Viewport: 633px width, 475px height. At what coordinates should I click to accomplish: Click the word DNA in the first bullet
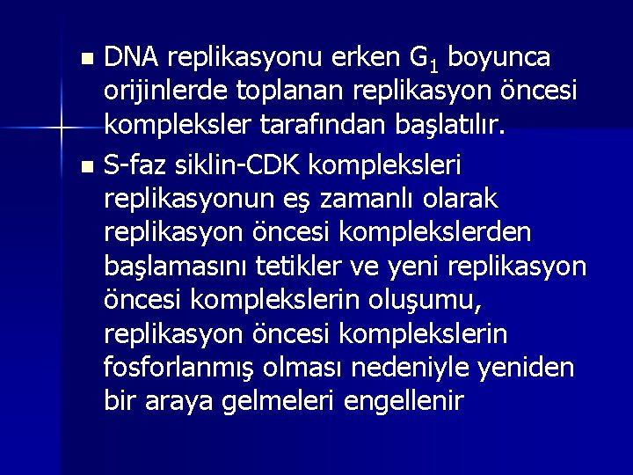click(x=131, y=58)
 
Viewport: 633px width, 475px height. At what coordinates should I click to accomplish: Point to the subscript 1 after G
click(x=434, y=65)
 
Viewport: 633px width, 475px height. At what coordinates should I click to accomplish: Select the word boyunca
click(x=498, y=58)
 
